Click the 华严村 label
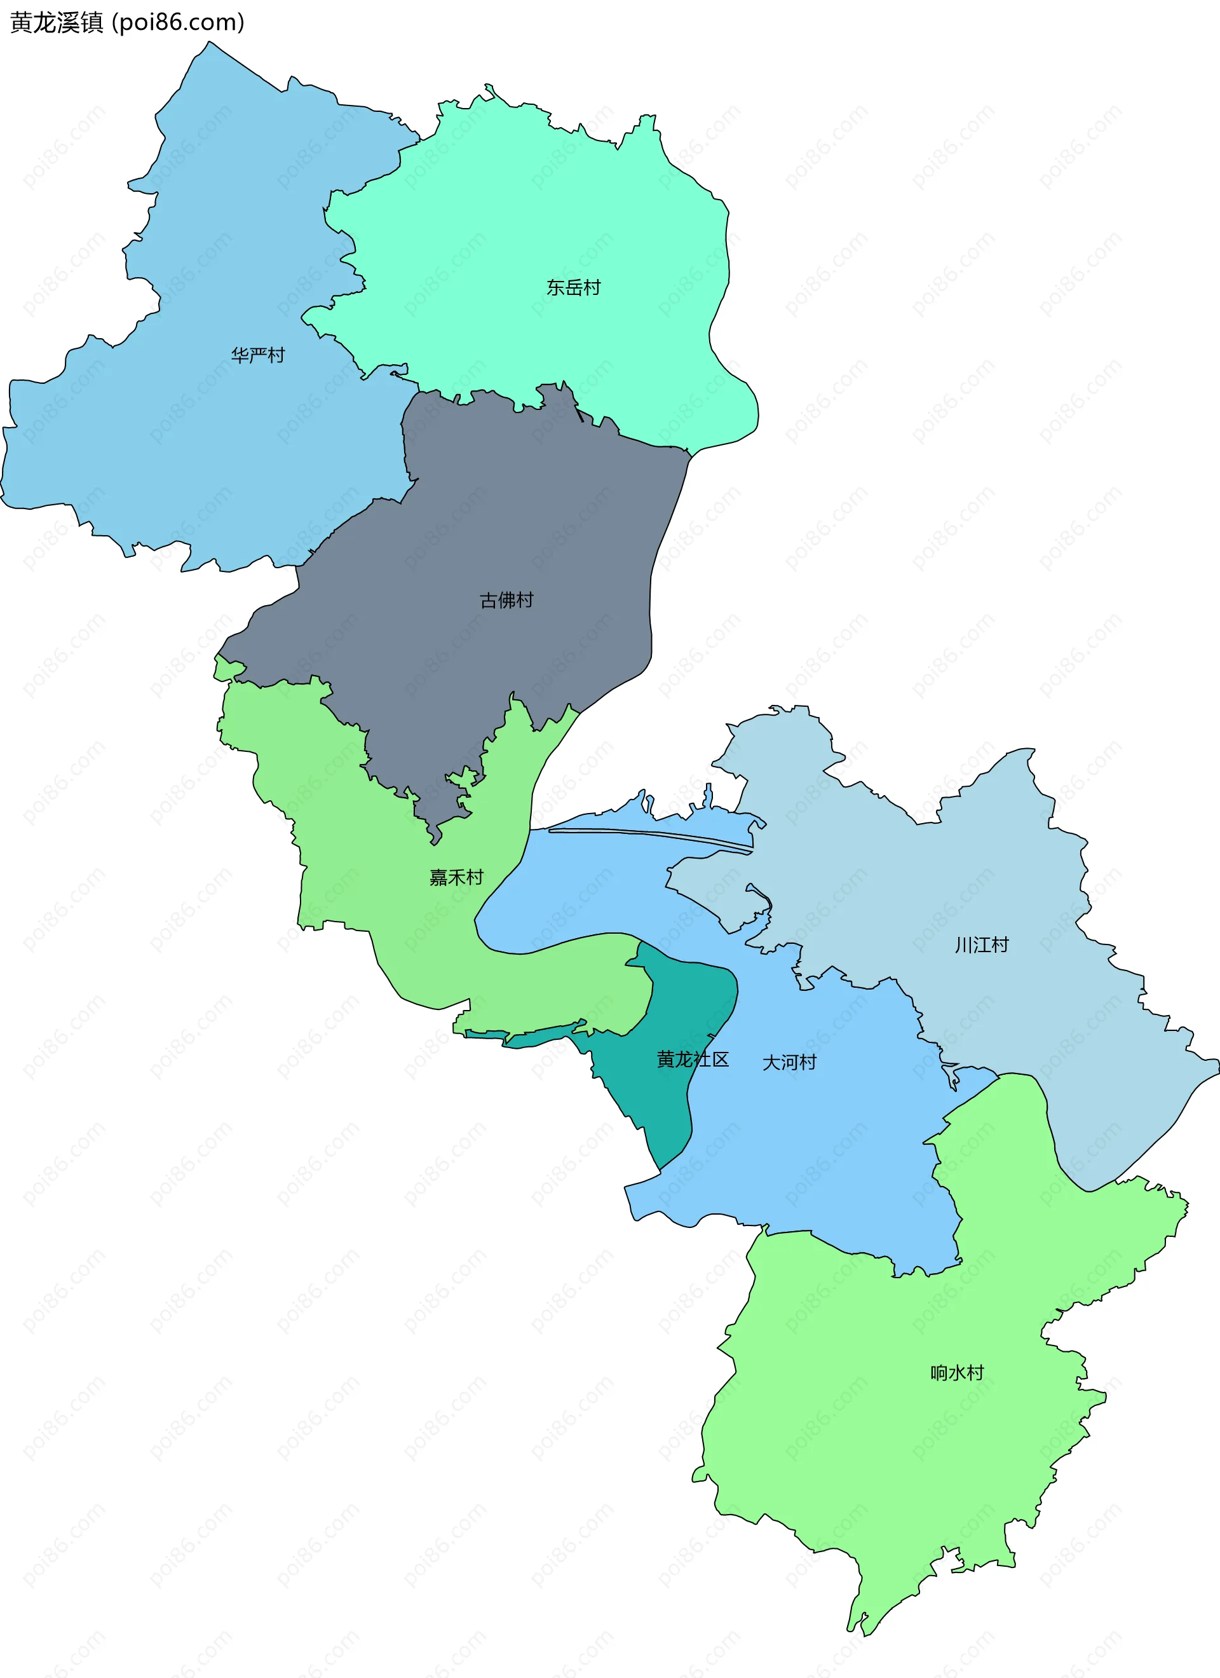click(x=257, y=355)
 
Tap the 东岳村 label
click(x=573, y=287)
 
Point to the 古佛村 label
click(x=506, y=600)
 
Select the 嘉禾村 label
click(x=456, y=878)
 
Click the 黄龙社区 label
click(x=693, y=1060)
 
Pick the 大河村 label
click(x=789, y=1063)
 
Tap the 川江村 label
click(x=981, y=945)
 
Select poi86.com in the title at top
click(x=177, y=23)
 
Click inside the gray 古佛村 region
click(x=518, y=518)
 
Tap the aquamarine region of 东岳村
click(x=518, y=222)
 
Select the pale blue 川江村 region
click(x=999, y=873)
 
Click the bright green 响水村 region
click(x=888, y=1443)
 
